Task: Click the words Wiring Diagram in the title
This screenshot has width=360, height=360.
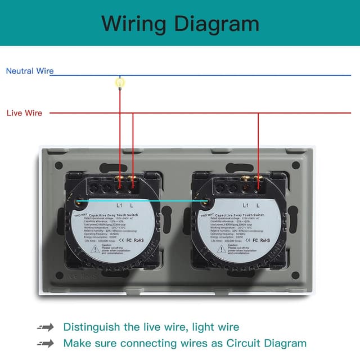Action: pos(180,24)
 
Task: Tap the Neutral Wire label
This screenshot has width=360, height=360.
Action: pos(30,71)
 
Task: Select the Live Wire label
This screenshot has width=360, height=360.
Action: pos(24,113)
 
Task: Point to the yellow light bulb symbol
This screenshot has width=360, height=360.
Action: pos(119,83)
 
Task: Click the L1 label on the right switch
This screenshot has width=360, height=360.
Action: pos(245,205)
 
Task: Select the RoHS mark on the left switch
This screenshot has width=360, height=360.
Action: pos(138,240)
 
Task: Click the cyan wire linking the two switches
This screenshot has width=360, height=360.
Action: pos(141,201)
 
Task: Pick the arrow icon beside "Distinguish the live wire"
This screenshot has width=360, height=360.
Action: pos(46,327)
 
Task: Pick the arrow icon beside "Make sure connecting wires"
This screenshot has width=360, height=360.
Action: pos(46,343)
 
